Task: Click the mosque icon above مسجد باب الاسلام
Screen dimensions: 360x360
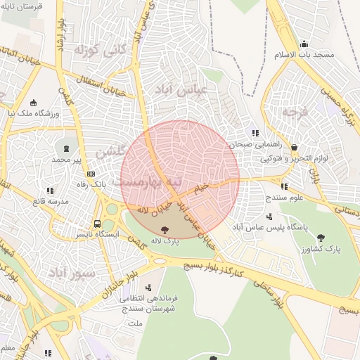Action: click(303, 44)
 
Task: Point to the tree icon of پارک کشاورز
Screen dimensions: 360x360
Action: click(321, 237)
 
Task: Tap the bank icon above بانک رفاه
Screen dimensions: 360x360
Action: click(91, 174)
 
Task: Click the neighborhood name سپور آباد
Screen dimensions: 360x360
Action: click(70, 271)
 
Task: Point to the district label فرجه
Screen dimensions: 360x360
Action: click(295, 112)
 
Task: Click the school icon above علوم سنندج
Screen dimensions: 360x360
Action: click(284, 186)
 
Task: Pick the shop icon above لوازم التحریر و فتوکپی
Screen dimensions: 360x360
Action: click(293, 148)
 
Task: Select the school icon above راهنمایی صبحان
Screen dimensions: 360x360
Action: click(255, 132)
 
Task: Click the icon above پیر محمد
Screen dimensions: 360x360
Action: click(67, 148)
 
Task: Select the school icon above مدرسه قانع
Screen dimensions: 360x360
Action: click(49, 190)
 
